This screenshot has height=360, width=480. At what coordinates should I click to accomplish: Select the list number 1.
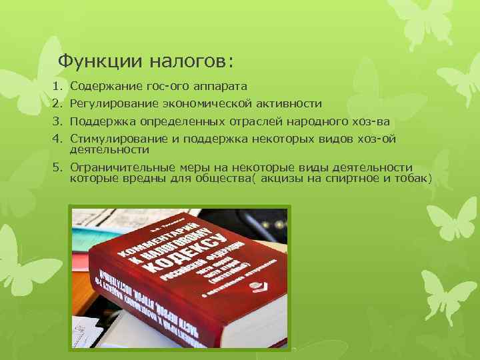pos(57,87)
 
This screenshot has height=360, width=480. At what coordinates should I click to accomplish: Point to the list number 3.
pos(57,121)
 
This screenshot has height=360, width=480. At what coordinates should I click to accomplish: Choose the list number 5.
pos(57,167)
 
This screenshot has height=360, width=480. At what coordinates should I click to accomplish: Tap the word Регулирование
pos(111,104)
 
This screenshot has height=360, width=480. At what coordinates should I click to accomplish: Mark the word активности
pos(288,104)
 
